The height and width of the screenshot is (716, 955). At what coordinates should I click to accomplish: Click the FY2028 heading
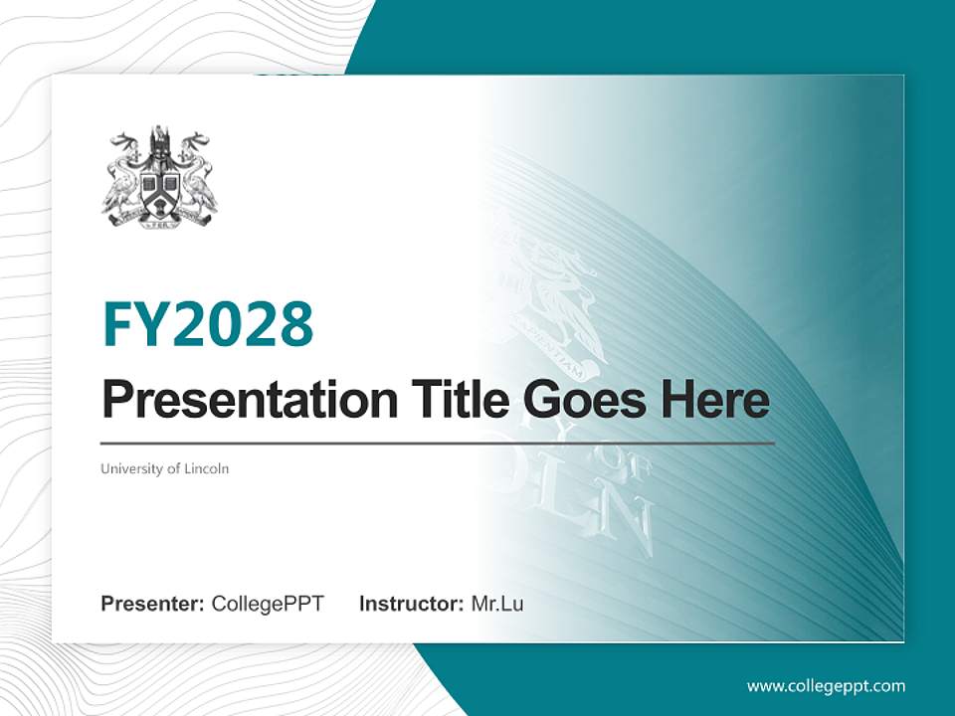click(x=208, y=323)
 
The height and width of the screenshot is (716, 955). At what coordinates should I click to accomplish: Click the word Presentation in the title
click(x=236, y=400)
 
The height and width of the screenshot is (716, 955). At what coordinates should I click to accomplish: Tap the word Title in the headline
click(x=444, y=400)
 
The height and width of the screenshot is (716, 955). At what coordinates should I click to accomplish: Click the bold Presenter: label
click(x=153, y=604)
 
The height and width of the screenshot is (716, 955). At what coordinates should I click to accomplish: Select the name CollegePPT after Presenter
click(x=268, y=604)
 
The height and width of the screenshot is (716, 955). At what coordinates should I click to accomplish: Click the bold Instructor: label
click(x=412, y=604)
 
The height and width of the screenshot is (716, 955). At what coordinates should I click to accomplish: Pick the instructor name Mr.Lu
click(x=497, y=604)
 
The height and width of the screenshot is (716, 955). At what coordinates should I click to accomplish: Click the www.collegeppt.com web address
click(x=826, y=685)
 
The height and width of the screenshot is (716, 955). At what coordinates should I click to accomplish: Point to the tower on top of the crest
click(x=159, y=142)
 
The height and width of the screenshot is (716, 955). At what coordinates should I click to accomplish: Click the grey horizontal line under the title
click(x=438, y=444)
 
